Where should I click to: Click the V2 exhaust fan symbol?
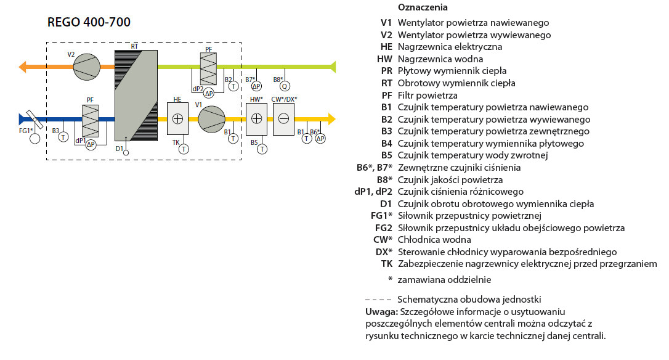point(87,67)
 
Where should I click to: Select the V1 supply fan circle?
point(212,119)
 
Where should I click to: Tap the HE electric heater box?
point(177,119)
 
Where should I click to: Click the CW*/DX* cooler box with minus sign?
point(283,119)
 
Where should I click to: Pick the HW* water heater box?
point(256,119)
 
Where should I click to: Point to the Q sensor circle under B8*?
point(285,86)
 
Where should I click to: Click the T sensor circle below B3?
point(63,137)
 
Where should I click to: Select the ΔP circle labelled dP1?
point(91,145)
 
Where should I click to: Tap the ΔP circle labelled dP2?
point(209,93)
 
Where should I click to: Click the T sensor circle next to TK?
point(184,149)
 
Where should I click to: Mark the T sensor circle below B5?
point(262,149)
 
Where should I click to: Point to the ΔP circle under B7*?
point(256,86)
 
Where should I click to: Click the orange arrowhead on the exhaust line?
point(22,67)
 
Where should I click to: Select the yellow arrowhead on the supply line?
point(331,119)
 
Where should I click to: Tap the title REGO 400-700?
point(89,22)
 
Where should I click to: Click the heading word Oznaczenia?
point(423,7)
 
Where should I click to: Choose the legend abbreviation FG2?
point(384,228)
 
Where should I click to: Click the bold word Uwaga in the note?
point(381,312)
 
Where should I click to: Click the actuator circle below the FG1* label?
point(34,139)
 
